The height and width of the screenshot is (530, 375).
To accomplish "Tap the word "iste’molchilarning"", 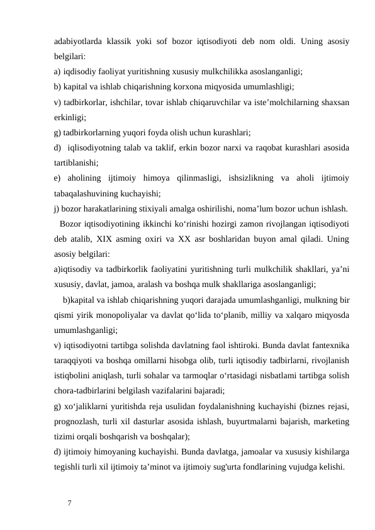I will (x=289, y=102).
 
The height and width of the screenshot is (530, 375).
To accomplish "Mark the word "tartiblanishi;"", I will (x=78, y=162).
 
